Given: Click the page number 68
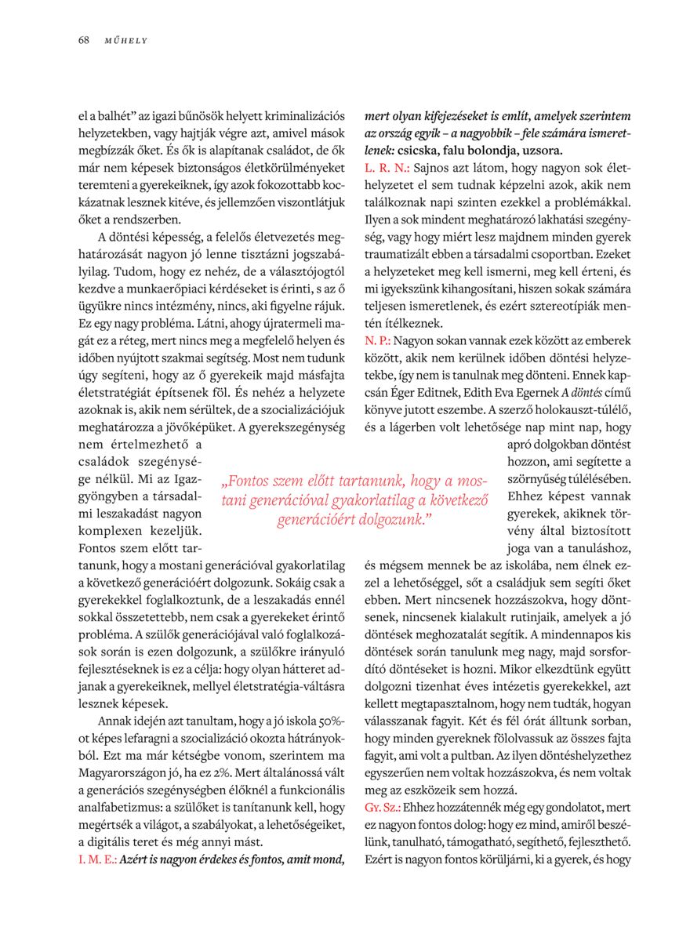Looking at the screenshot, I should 83,40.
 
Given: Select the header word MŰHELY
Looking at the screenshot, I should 126,41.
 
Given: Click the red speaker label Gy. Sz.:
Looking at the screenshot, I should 383,808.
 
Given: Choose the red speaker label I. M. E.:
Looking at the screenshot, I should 98,859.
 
